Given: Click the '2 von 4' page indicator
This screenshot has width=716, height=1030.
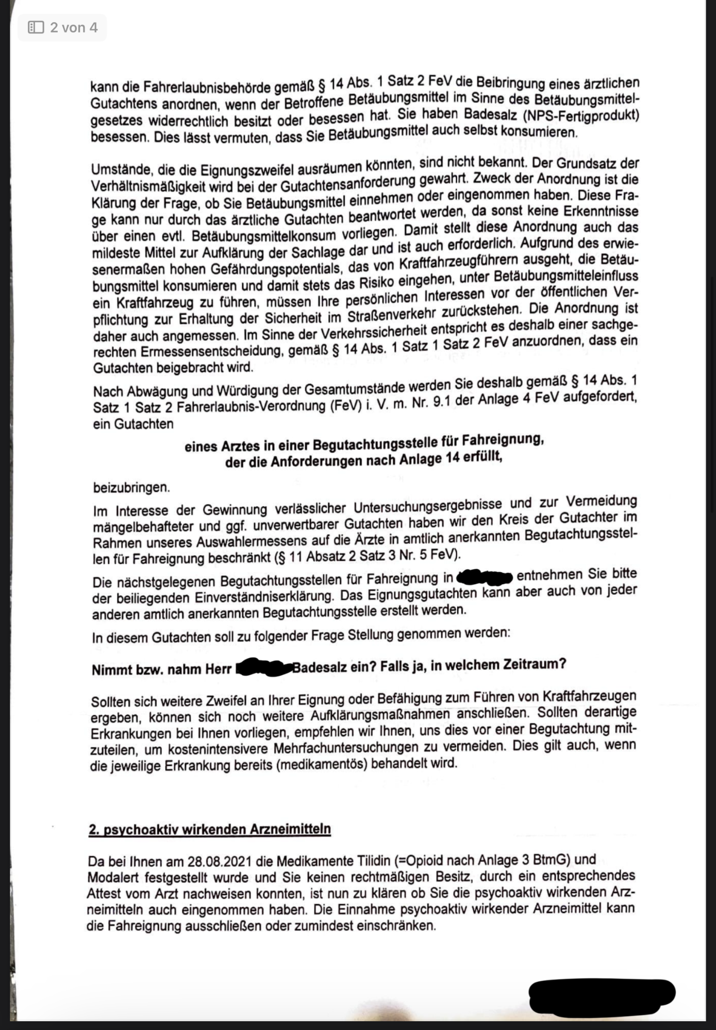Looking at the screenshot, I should click(73, 27).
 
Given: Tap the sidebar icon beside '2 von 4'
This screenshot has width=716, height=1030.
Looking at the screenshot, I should click(36, 27).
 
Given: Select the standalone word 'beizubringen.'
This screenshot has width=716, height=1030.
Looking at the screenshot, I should click(131, 487).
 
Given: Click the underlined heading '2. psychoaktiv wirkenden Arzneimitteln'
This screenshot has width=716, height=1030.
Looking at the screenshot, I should click(209, 830).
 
